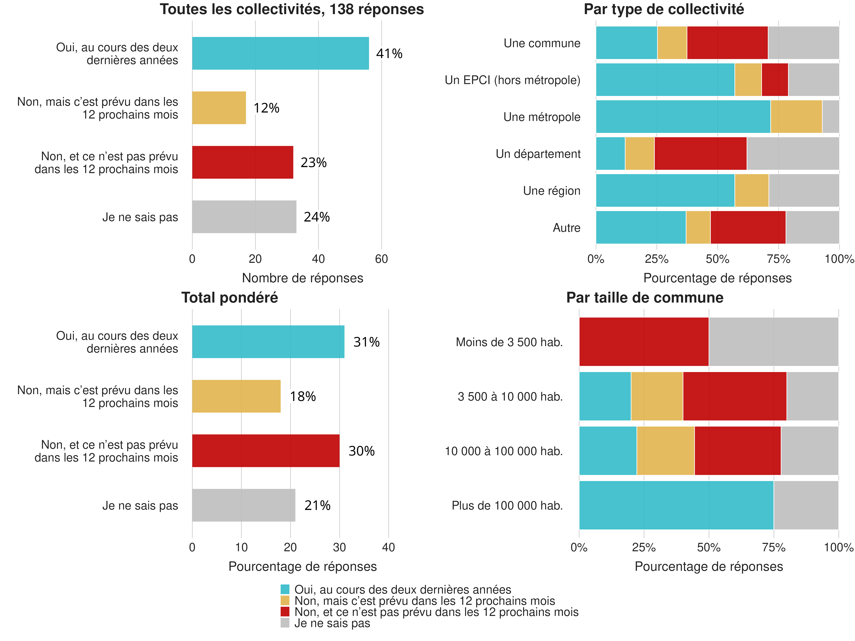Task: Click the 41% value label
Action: click(389, 54)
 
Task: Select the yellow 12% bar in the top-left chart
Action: click(219, 108)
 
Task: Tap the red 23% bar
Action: click(242, 162)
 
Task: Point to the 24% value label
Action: click(317, 217)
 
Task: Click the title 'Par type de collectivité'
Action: click(664, 9)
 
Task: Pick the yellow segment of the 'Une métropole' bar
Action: click(796, 117)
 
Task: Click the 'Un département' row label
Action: click(538, 154)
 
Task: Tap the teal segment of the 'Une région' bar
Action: click(665, 190)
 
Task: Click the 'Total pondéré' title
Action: click(230, 298)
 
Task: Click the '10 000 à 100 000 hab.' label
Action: click(504, 451)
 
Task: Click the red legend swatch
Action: click(285, 612)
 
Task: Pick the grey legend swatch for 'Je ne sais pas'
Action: click(285, 623)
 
